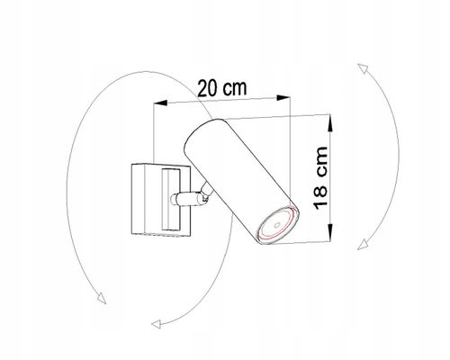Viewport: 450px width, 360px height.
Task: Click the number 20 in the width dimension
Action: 208,88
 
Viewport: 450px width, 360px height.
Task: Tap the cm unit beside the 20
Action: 236,87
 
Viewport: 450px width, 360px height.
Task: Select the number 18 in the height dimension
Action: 320,197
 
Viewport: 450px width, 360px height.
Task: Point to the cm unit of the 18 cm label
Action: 321,162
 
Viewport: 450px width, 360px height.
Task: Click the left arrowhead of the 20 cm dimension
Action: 160,103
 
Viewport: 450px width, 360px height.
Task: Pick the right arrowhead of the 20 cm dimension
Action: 283,97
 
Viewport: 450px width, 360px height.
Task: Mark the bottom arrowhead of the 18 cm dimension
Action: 329,231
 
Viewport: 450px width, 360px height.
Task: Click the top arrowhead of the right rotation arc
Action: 363,68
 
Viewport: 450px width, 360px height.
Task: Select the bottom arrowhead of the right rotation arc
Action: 363,244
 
